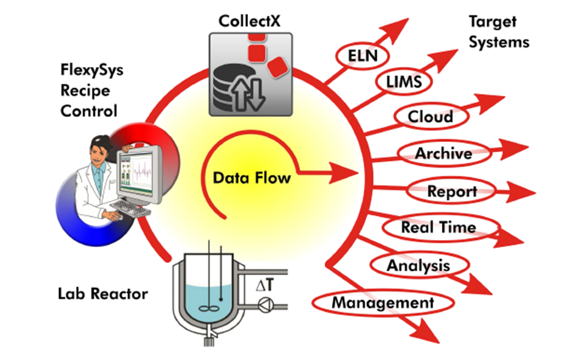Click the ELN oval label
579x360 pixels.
(362, 56)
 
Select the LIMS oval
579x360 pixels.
(403, 82)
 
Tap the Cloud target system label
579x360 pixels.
(431, 116)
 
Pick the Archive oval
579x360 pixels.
(444, 153)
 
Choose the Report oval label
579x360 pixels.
(451, 191)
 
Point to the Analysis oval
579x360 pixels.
(419, 265)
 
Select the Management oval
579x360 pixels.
(383, 303)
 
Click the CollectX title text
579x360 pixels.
(250, 21)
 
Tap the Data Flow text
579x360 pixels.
(252, 178)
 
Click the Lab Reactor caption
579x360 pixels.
(103, 294)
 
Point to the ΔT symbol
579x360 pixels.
(265, 285)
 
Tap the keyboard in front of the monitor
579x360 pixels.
(132, 209)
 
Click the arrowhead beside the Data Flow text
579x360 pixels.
(343, 173)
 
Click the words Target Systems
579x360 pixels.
(499, 32)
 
